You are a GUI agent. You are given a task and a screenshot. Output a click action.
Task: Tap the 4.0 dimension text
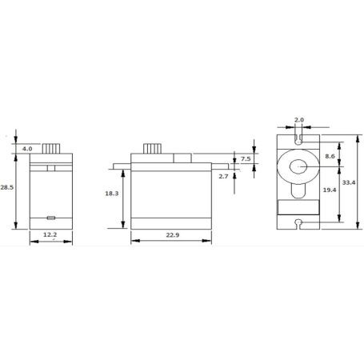tap(26, 149)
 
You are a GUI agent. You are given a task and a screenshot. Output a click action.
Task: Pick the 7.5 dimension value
tap(246, 158)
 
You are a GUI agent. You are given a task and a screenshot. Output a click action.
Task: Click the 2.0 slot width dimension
tap(299, 120)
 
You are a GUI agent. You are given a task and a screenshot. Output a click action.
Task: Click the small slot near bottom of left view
tap(50, 217)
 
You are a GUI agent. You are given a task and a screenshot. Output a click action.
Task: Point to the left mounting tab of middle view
tap(120, 166)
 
